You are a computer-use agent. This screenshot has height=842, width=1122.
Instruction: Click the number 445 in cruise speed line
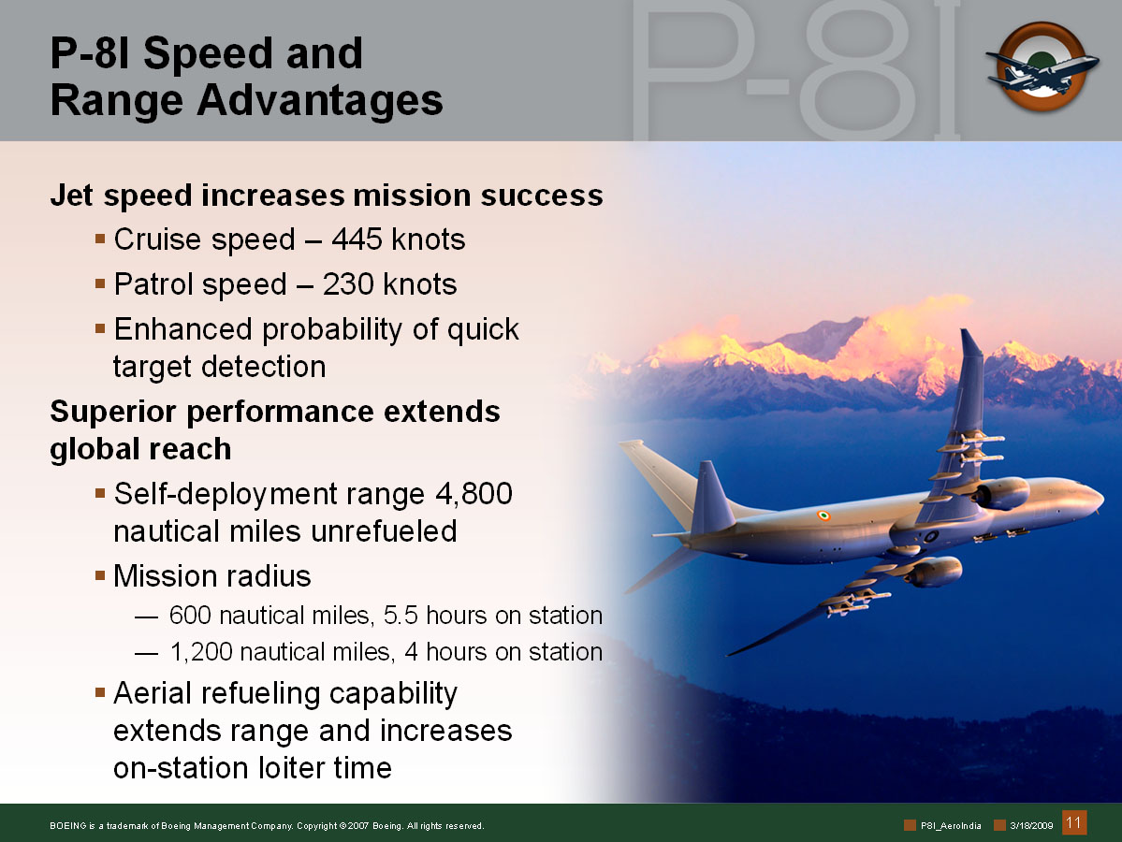point(357,240)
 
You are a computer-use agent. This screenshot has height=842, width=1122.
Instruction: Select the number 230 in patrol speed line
point(348,284)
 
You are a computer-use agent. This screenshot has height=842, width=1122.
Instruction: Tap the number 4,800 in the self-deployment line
point(474,494)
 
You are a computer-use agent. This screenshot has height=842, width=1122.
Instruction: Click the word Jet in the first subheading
point(71,196)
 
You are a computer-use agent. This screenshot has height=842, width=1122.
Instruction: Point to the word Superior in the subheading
point(113,412)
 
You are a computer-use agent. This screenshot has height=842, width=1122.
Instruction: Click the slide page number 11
point(1073,822)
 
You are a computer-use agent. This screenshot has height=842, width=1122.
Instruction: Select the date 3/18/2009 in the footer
point(1031,825)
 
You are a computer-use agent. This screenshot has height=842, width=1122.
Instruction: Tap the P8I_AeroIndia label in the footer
point(950,825)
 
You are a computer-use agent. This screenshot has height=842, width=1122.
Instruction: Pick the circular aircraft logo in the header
point(1042,66)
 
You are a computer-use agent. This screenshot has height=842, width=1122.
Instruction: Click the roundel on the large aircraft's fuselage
point(823,515)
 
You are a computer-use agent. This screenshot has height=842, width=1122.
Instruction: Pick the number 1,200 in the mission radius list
point(201,652)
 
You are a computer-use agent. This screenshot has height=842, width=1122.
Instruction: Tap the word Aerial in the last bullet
point(157,693)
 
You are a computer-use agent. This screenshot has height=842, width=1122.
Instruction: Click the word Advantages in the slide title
point(320,99)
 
